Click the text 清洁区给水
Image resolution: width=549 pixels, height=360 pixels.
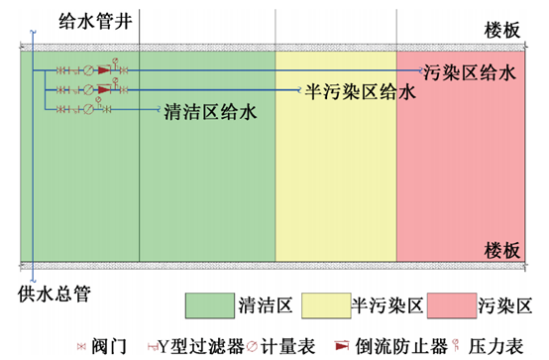[211, 112]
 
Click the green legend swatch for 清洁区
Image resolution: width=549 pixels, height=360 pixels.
[208, 302]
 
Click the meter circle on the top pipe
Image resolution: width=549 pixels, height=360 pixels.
[87, 71]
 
